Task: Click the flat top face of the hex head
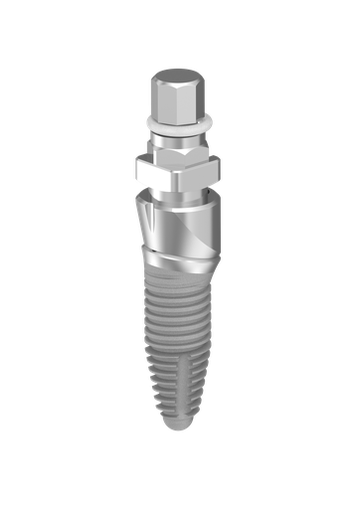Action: [179, 76]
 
